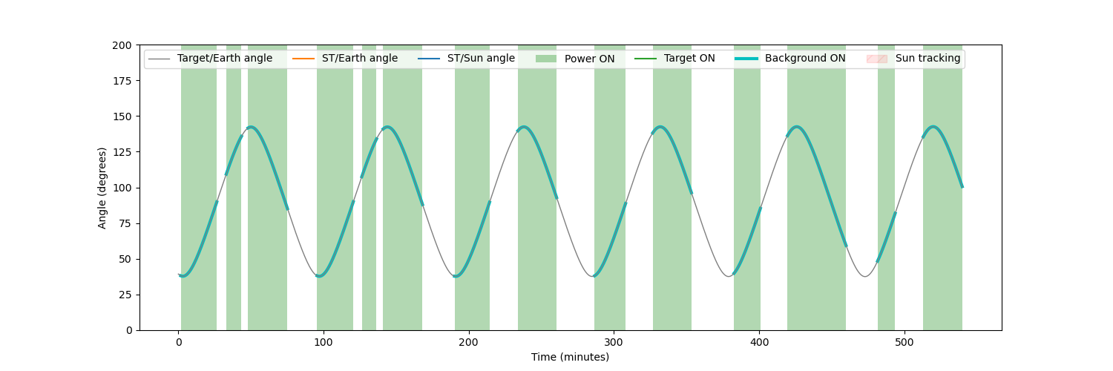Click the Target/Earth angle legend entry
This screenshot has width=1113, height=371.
210,59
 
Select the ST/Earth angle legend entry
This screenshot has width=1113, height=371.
345,59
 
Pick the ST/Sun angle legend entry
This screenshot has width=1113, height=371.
467,59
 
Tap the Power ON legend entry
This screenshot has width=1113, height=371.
575,59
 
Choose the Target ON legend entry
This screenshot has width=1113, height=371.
674,59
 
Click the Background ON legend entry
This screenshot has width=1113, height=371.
790,59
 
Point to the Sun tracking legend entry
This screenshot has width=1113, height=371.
913,59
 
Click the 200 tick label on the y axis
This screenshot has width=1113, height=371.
122,46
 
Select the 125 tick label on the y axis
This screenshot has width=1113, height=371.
122,152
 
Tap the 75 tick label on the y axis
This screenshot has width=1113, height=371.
125,223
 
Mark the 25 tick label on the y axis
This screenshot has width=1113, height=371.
125,295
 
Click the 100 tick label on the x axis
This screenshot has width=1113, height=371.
324,342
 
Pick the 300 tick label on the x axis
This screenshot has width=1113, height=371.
614,342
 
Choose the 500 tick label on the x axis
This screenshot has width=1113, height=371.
904,342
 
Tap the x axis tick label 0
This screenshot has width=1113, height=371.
179,342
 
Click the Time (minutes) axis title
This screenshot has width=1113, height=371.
571,357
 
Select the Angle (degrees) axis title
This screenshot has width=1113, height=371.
102,188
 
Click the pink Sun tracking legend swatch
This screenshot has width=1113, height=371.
876,59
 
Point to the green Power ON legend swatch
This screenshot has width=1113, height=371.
545,59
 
